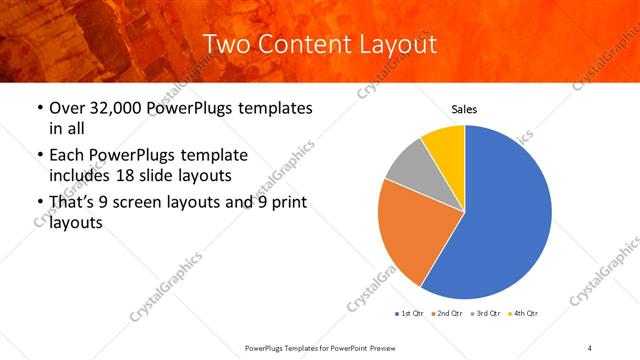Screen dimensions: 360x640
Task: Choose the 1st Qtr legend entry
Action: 411,314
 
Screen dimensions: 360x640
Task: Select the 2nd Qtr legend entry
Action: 446,314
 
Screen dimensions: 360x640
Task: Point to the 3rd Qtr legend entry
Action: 484,314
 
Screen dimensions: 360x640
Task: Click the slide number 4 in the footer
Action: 590,348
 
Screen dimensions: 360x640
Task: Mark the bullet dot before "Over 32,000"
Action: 38,108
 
